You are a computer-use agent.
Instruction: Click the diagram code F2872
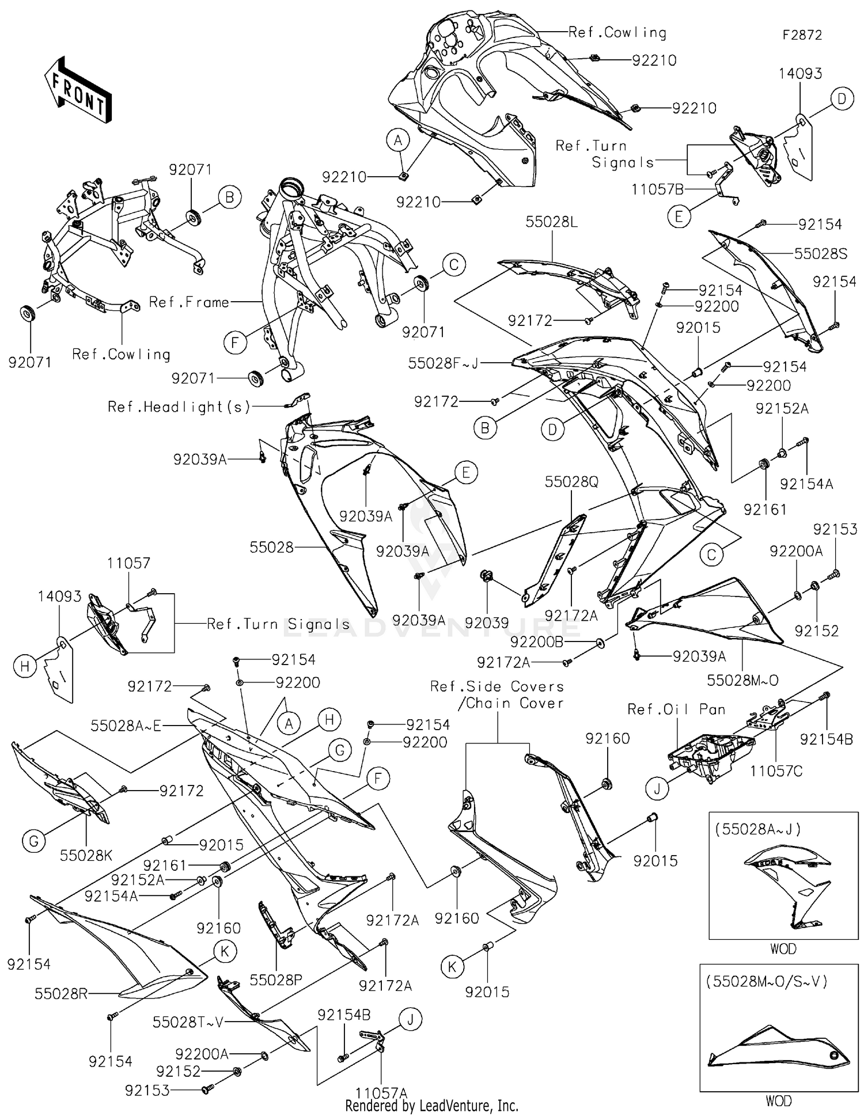[x=801, y=35]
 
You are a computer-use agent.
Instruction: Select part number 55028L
[x=551, y=222]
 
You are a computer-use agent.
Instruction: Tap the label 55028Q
[x=571, y=481]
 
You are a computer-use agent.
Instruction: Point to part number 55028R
[x=61, y=993]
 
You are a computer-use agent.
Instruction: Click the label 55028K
[x=86, y=856]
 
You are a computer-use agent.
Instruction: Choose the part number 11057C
[x=776, y=770]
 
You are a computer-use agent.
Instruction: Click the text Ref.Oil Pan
[x=676, y=709]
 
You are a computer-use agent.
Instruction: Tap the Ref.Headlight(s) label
[x=179, y=407]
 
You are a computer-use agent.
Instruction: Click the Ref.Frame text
[x=189, y=302]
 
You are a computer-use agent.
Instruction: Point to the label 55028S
[x=820, y=253]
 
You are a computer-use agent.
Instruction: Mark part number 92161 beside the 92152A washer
[x=765, y=509]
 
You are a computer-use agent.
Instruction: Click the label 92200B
[x=537, y=641]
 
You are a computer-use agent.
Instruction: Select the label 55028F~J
[x=444, y=363]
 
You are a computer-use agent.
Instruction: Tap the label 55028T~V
[x=188, y=1022]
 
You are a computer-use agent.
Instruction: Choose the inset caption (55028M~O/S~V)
[x=767, y=981]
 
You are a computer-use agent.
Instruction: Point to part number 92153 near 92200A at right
[x=835, y=529]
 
